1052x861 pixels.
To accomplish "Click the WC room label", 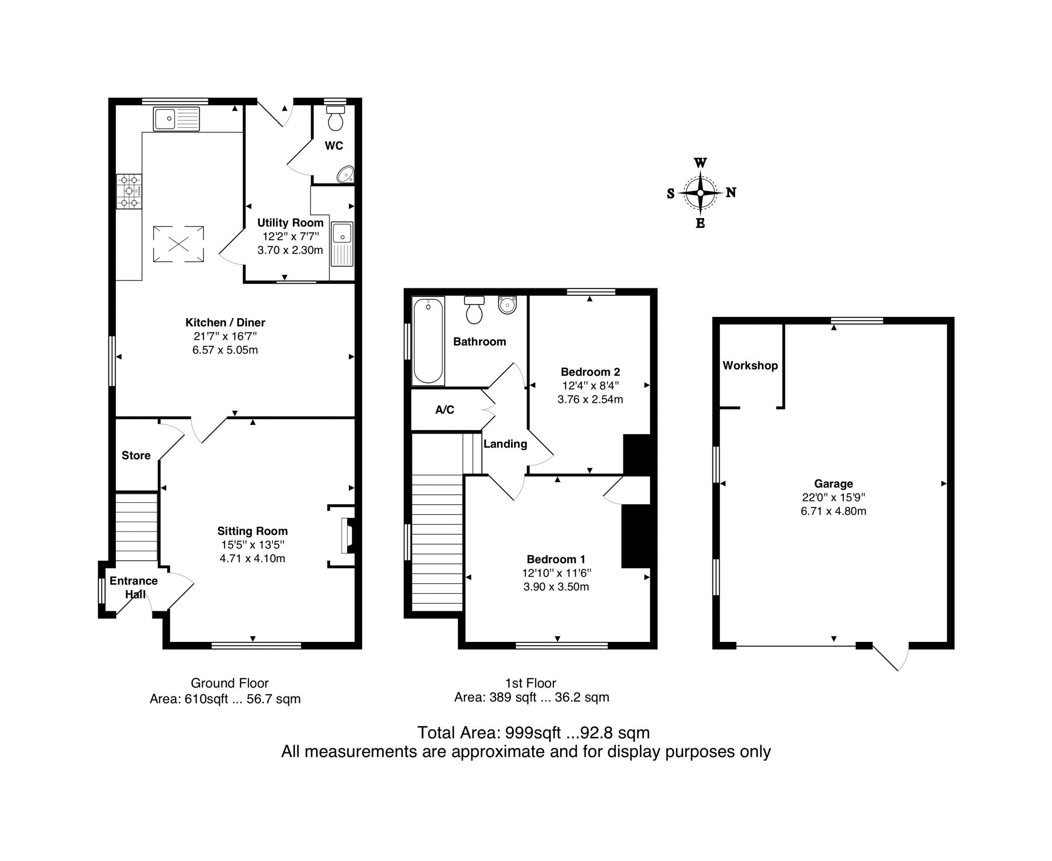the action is [x=334, y=145].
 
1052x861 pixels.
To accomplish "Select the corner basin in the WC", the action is [x=346, y=174].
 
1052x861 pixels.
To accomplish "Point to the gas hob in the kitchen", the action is [x=129, y=191].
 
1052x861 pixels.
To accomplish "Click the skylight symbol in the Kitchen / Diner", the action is [x=179, y=244].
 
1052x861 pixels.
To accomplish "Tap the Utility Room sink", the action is [x=342, y=244].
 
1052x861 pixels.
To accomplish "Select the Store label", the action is [x=136, y=455].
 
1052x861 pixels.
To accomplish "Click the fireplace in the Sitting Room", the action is [x=347, y=536].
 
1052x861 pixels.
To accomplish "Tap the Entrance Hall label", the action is [x=134, y=587].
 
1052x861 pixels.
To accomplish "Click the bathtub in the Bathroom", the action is [x=428, y=341].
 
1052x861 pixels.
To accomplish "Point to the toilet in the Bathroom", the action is [x=474, y=309].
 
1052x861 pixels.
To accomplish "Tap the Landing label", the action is [x=505, y=444].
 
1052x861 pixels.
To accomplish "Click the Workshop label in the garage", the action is [x=750, y=365].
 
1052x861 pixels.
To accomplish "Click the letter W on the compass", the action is [x=700, y=163].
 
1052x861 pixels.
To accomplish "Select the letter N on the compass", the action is [x=731, y=192].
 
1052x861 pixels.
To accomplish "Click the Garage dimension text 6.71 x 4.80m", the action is [x=833, y=511].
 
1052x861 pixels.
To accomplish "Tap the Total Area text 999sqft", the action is [x=533, y=732].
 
